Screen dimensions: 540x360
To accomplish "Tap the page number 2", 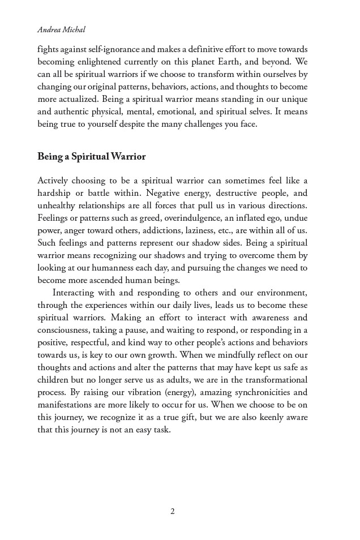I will pyautogui.click(x=173, y=511).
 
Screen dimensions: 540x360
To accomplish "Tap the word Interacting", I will pyautogui.click(x=76, y=293).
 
